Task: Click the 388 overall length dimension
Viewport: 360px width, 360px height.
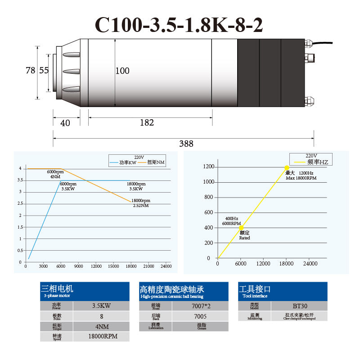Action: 186,144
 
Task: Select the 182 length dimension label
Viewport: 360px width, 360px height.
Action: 147,122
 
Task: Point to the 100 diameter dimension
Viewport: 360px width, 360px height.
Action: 122,71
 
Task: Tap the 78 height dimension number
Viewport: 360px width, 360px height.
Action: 30,70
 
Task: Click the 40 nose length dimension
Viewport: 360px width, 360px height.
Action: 65,123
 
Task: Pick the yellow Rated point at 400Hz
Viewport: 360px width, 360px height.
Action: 241,228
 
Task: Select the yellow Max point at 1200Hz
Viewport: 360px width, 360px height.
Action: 287,167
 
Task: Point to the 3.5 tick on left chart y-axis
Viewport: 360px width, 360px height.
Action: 20,180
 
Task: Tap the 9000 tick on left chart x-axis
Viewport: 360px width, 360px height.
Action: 78,266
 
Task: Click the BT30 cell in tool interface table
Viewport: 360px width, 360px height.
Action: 299,306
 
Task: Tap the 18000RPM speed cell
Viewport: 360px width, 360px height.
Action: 102,336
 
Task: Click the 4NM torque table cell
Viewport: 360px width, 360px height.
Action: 102,326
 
